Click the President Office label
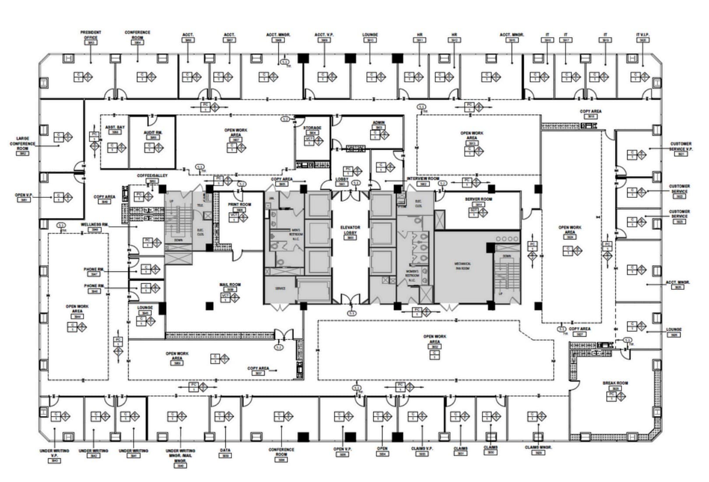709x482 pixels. [91, 35]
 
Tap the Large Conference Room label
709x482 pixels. [23, 144]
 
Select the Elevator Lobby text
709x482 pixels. [350, 230]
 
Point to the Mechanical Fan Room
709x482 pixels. [463, 266]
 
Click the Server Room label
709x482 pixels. [478, 199]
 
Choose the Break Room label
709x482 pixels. [615, 383]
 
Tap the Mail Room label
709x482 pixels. [230, 285]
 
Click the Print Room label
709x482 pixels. [239, 205]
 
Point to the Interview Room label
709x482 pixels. [423, 179]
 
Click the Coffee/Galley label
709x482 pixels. [152, 176]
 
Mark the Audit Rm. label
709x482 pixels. [153, 132]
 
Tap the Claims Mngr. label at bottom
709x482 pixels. [538, 447]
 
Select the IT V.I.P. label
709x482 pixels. [642, 35]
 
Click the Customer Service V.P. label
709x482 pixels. [681, 146]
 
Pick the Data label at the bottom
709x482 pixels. [225, 450]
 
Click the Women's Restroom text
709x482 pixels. [413, 273]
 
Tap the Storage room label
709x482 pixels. [312, 128]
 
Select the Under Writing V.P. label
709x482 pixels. [54, 453]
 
